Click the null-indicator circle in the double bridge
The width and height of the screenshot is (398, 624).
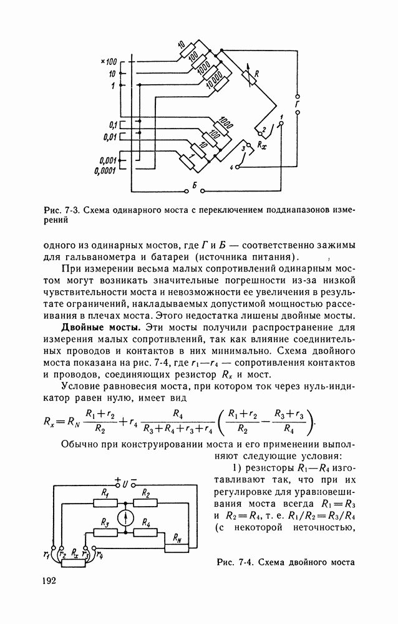click(127, 517)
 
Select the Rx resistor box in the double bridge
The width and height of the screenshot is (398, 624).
click(74, 563)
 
